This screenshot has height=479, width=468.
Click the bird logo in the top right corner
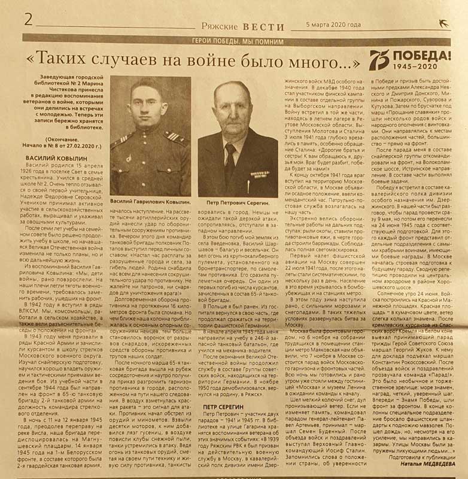443,23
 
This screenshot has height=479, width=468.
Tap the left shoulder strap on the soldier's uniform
118,143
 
